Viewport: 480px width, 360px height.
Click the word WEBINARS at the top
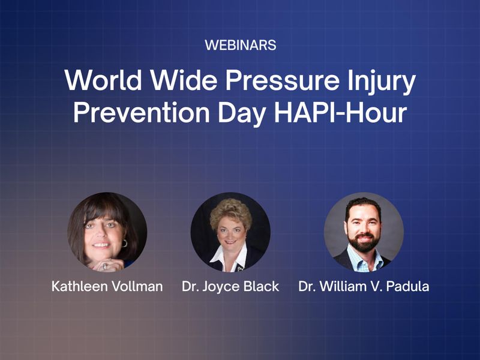pos(240,45)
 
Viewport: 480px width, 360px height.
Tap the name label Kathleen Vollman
pos(107,286)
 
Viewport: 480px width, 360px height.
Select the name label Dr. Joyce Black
pos(230,286)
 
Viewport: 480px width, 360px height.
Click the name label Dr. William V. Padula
pos(364,286)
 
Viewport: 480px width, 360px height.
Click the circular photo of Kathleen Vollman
pos(107,232)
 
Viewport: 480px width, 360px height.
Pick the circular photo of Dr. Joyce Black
pos(230,232)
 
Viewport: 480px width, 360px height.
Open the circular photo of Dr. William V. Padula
pos(364,232)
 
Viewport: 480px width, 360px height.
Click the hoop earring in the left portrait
pos(125,243)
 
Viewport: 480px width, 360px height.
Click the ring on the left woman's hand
pos(106,264)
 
